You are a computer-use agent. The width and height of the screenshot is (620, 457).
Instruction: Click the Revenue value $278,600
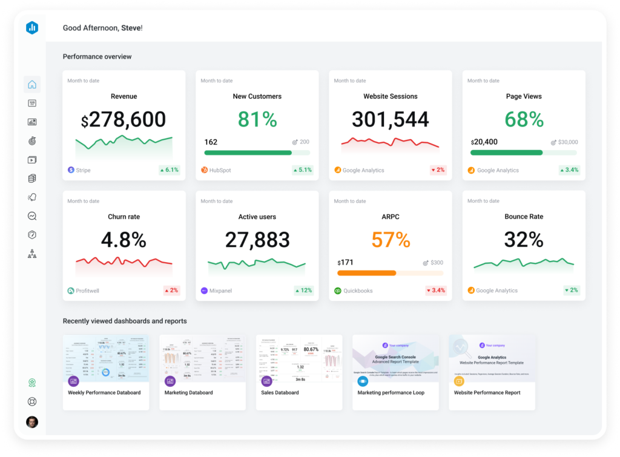pyautogui.click(x=124, y=120)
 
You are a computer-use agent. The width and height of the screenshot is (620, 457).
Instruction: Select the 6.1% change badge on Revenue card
pyautogui.click(x=169, y=170)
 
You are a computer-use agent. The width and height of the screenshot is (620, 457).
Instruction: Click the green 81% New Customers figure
pyautogui.click(x=257, y=119)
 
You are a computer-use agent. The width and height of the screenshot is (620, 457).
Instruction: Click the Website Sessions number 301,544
pyautogui.click(x=391, y=119)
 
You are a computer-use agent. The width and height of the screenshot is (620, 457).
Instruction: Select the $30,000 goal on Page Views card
pyautogui.click(x=568, y=142)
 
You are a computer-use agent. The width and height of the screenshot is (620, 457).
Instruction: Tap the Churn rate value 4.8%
pyautogui.click(x=124, y=240)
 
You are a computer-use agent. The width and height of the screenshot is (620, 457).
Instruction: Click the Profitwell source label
pyautogui.click(x=87, y=291)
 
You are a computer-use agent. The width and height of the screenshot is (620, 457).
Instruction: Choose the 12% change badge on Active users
pyautogui.click(x=303, y=291)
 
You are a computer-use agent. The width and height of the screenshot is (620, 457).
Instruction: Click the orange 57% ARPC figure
pyautogui.click(x=391, y=240)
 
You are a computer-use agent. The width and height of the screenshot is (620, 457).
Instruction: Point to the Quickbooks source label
pyautogui.click(x=357, y=291)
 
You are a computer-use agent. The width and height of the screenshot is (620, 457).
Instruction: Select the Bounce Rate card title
pyautogui.click(x=524, y=217)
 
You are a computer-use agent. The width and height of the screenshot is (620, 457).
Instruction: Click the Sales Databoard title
pyautogui.click(x=280, y=393)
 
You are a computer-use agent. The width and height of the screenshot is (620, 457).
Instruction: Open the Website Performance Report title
pyautogui.click(x=487, y=393)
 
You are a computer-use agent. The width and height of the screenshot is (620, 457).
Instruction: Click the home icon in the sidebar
pyautogui.click(x=32, y=85)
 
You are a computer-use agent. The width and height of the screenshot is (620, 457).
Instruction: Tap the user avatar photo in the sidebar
pyautogui.click(x=32, y=422)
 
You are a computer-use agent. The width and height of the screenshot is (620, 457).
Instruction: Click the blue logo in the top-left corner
pyautogui.click(x=32, y=28)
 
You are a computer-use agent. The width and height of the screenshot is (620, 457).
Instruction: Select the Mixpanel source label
pyautogui.click(x=222, y=291)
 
